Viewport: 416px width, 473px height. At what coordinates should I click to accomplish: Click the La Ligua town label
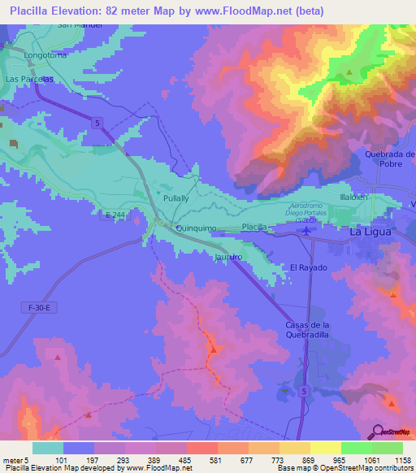click(x=370, y=232)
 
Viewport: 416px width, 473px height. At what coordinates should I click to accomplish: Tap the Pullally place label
click(x=176, y=198)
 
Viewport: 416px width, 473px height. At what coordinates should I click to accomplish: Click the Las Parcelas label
click(x=30, y=79)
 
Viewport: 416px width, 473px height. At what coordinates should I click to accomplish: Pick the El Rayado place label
click(x=309, y=267)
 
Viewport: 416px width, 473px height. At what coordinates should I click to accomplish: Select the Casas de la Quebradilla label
click(x=305, y=330)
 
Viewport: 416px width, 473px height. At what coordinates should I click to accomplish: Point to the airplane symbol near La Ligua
click(x=305, y=232)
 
